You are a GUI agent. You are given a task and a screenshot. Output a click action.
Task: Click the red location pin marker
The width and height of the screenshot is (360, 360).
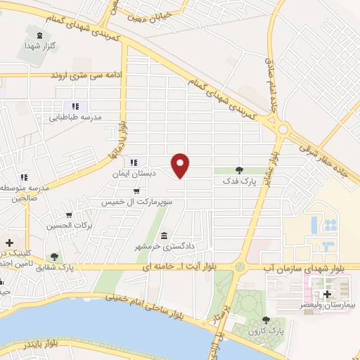tap(181, 165)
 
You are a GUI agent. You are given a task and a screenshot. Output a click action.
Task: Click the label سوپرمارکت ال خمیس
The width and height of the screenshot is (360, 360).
tap(135, 202)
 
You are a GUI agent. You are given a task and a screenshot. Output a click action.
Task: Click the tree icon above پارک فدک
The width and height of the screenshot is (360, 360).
tap(239, 169)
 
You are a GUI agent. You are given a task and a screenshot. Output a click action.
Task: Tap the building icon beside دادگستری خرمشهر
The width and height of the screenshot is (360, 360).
tap(165, 236)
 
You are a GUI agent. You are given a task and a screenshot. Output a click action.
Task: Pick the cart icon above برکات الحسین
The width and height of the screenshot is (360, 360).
tap(69, 215)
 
